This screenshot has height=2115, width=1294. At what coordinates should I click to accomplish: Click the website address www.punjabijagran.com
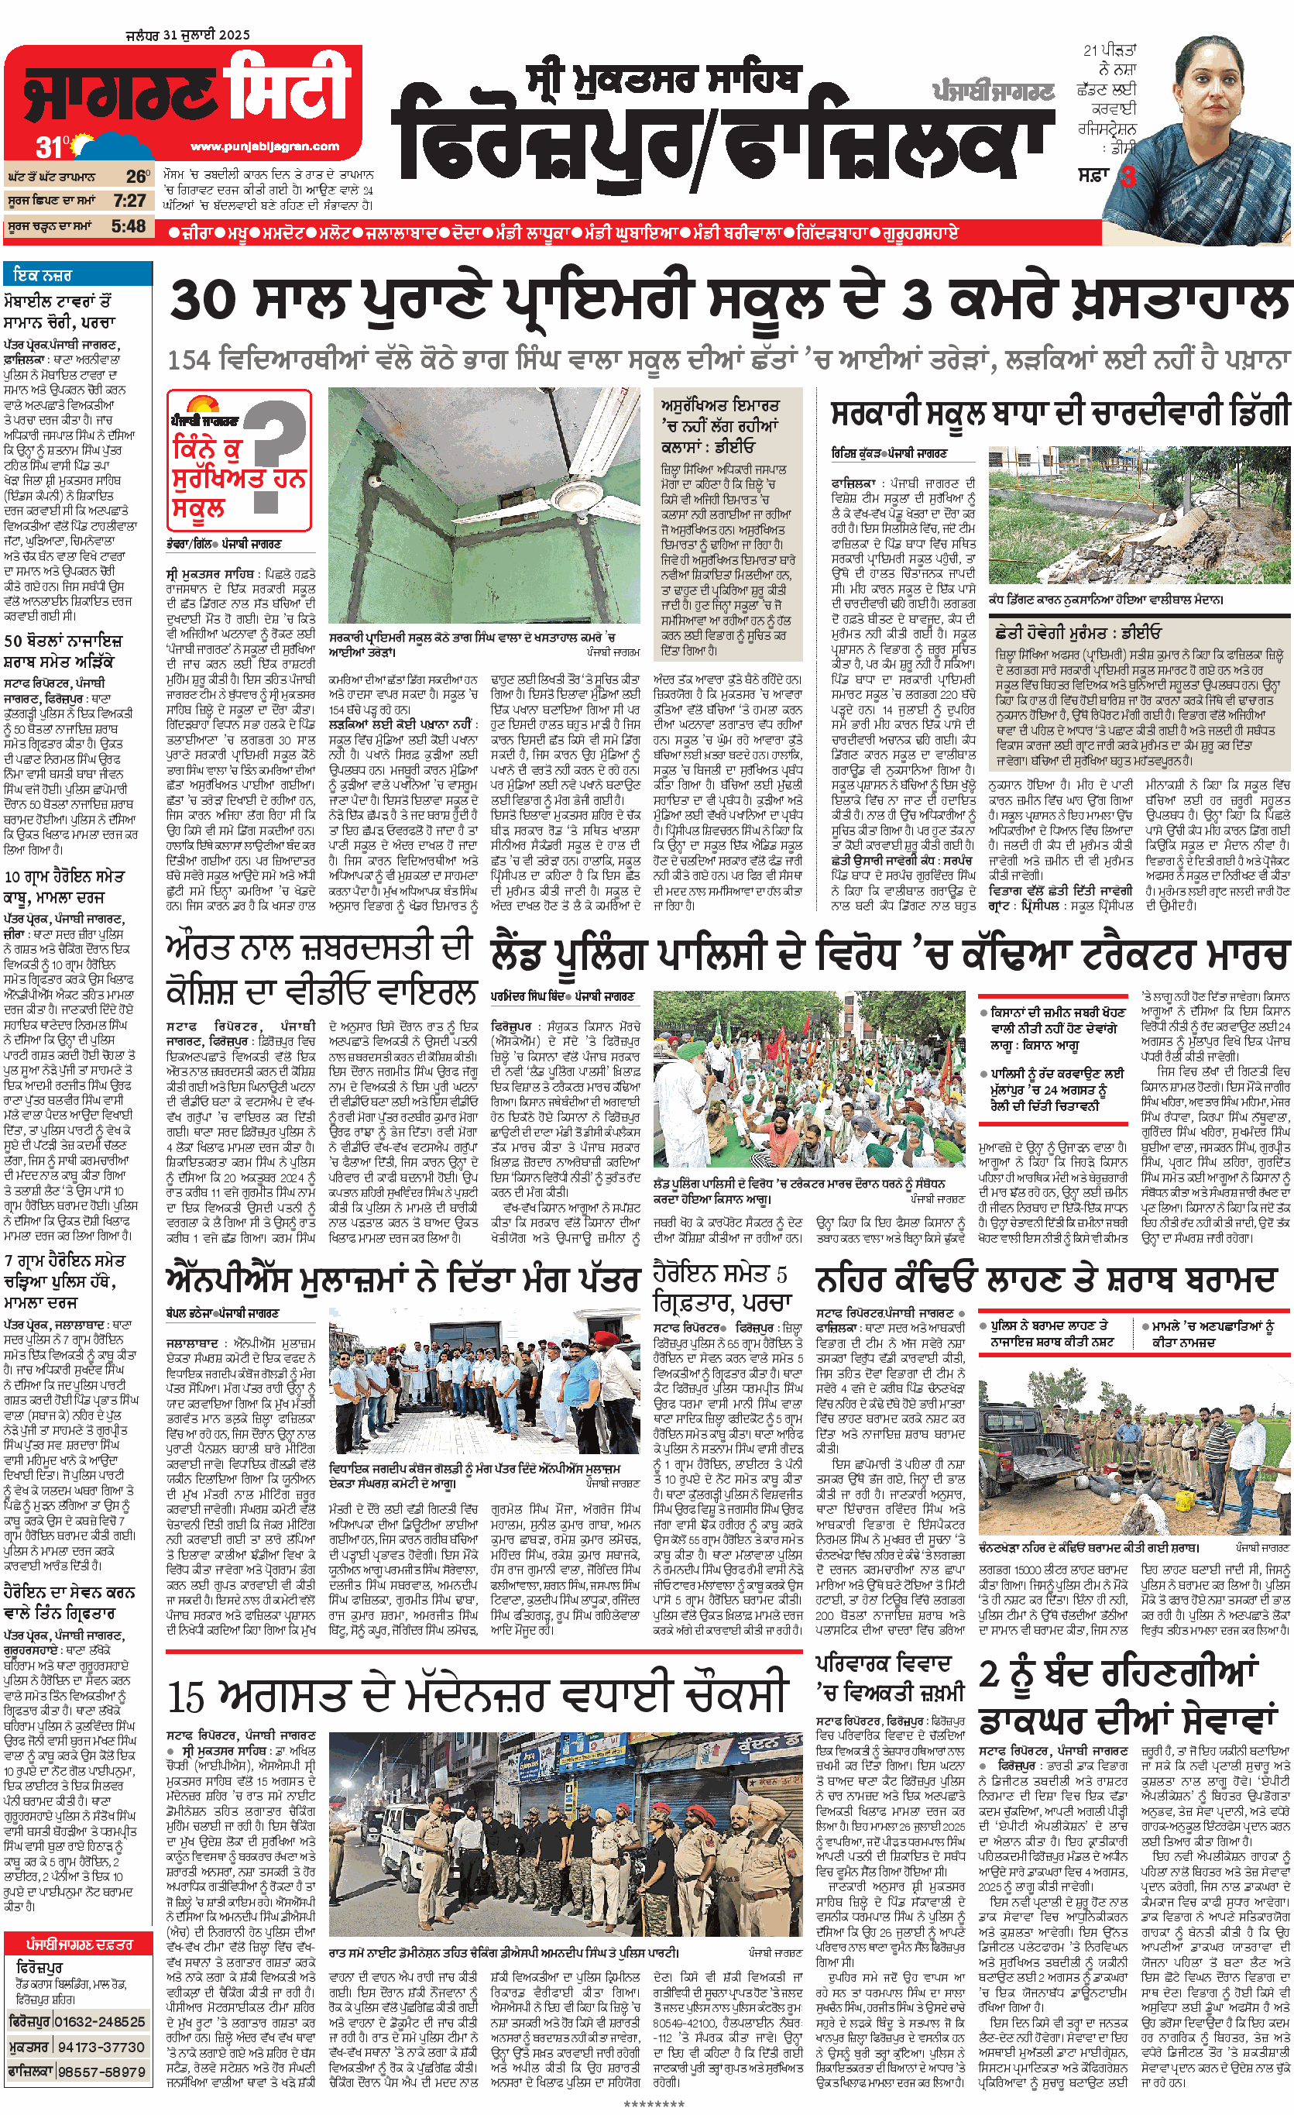click(264, 146)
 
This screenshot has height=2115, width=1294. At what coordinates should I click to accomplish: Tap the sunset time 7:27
click(129, 201)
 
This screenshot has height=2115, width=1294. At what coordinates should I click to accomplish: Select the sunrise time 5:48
click(129, 226)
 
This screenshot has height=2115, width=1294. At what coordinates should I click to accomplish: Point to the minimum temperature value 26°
click(137, 176)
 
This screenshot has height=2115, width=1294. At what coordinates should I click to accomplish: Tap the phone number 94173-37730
click(101, 2047)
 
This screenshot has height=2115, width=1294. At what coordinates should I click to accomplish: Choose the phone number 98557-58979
click(101, 2071)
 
